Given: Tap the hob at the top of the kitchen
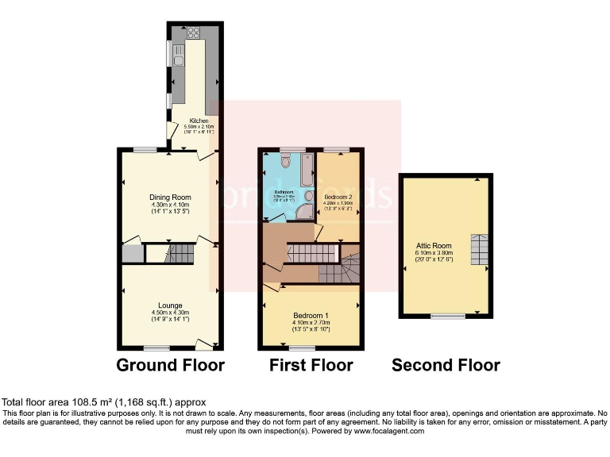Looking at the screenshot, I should (x=194, y=33).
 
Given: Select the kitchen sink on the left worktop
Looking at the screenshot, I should (x=179, y=60).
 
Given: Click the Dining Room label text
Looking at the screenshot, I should (x=170, y=198).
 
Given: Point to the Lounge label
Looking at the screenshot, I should (x=170, y=305).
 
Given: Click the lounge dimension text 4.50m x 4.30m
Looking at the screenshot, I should (x=170, y=313).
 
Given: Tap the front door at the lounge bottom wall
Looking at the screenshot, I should (x=205, y=344).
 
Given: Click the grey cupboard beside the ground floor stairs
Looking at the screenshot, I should (x=132, y=254).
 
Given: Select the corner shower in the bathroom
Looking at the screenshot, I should (x=307, y=208).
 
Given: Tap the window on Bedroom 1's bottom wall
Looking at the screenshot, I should (x=280, y=348).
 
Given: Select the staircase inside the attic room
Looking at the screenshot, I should (x=480, y=250).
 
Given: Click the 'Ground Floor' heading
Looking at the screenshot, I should (x=170, y=366).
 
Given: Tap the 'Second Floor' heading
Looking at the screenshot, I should (x=446, y=366).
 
